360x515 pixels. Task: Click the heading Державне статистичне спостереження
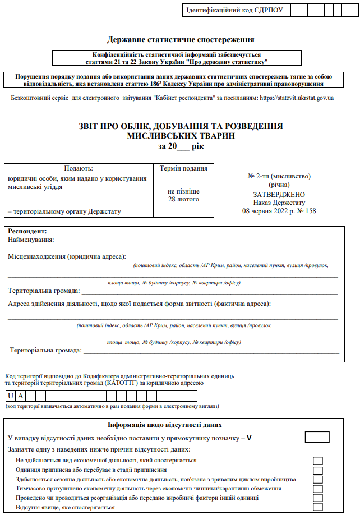(x=181, y=39)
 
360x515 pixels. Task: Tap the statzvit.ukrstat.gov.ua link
(x=297, y=98)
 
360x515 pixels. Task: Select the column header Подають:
(x=79, y=168)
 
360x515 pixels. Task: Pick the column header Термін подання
(x=183, y=168)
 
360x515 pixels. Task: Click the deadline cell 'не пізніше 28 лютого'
(x=183, y=195)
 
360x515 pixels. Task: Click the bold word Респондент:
(x=27, y=231)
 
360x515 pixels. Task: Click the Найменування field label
(x=31, y=240)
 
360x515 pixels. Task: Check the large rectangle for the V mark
(x=317, y=437)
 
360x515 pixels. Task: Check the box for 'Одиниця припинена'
(x=318, y=470)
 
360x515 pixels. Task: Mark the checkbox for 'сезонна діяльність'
(x=318, y=480)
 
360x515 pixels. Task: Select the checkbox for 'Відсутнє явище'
(x=318, y=507)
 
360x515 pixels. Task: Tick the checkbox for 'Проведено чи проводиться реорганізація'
(x=318, y=498)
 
